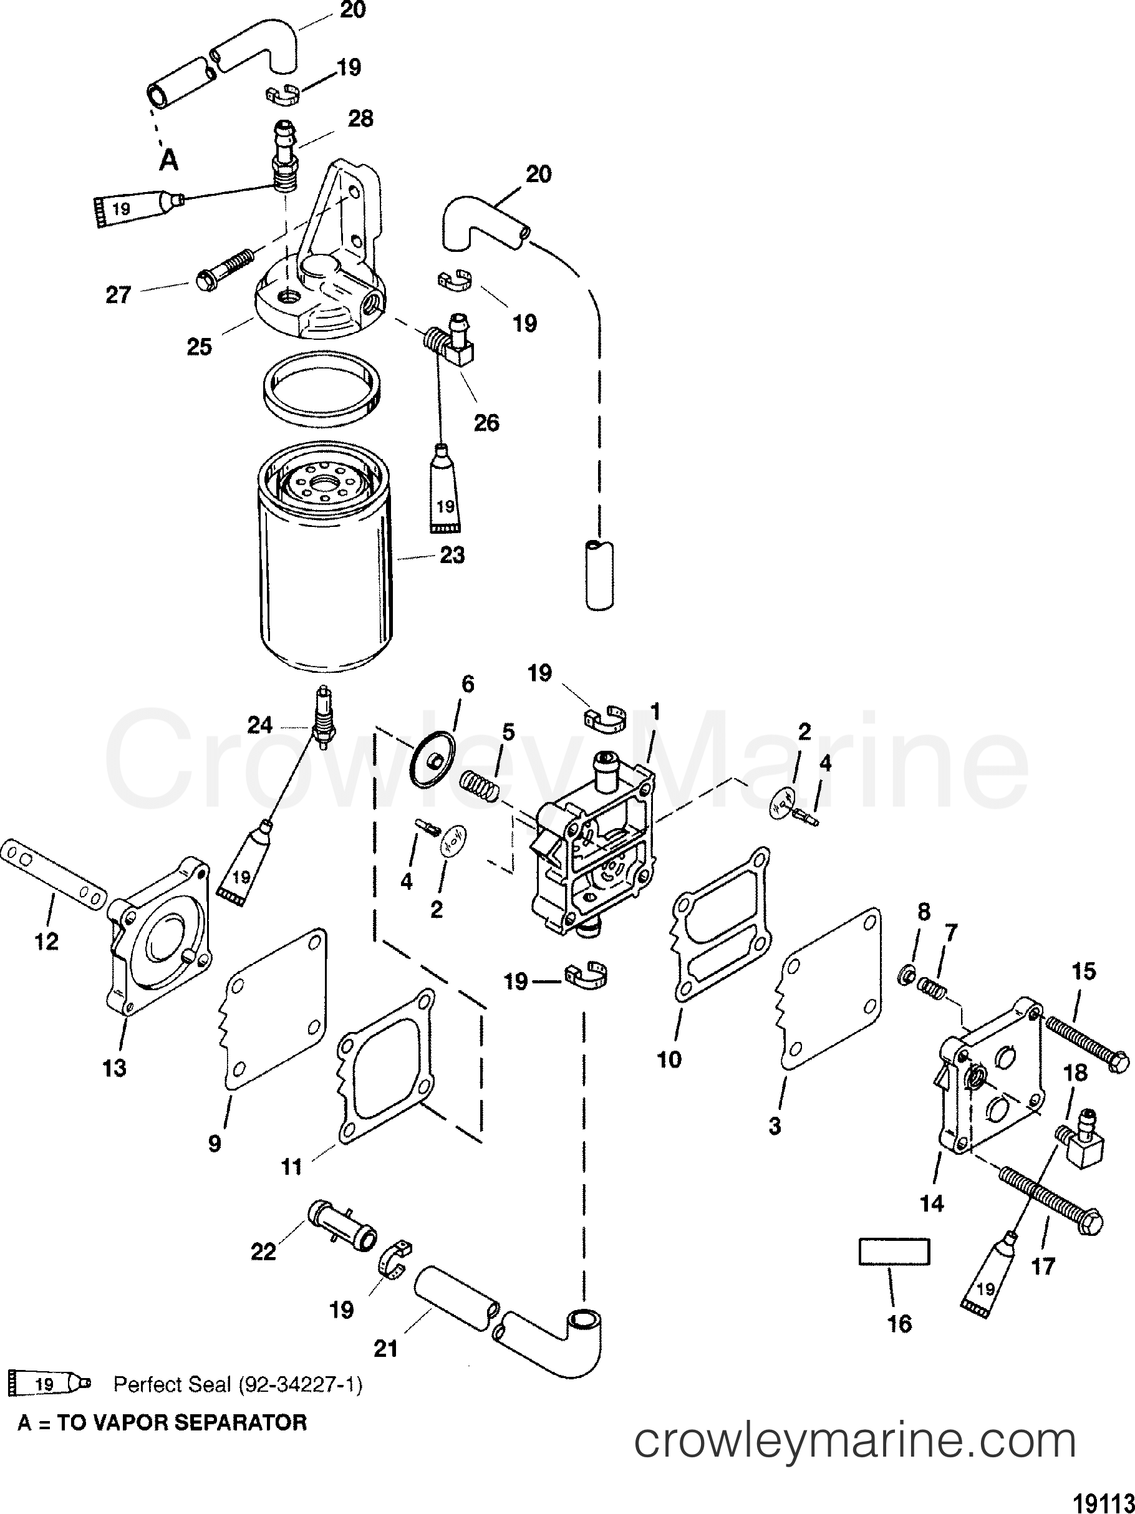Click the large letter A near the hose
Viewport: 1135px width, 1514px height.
168,160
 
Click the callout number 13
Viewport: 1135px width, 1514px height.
114,1067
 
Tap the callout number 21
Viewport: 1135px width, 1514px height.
385,1348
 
